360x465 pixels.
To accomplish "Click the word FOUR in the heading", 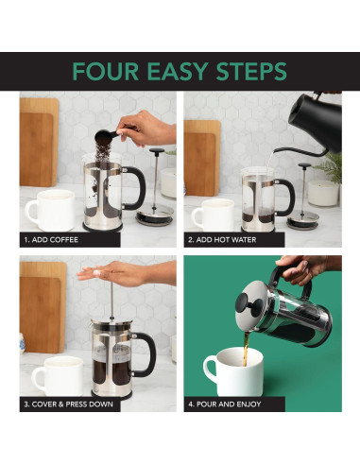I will click(105, 72).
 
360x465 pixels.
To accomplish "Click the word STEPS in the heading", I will click(252, 72).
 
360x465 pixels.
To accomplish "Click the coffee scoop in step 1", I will click(111, 136).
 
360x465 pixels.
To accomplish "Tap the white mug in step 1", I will click(47, 211).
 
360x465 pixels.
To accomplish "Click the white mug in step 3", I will click(56, 376).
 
